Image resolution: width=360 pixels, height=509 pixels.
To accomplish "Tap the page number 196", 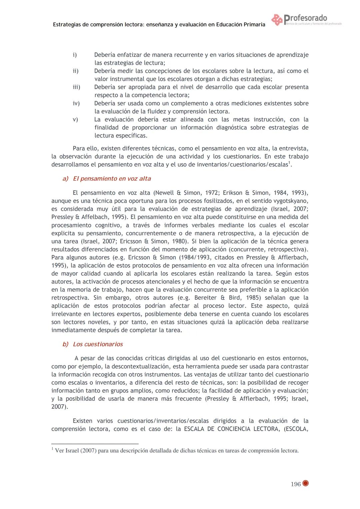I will (x=295, y=484).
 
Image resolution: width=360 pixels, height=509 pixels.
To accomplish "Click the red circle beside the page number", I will (x=305, y=484).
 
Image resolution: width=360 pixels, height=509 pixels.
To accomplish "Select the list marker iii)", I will (x=76, y=87).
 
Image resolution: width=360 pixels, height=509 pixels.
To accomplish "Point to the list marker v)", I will (x=75, y=119).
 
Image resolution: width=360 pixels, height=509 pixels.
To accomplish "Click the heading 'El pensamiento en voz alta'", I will (x=112, y=179).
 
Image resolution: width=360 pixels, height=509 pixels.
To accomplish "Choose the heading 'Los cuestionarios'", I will (x=98, y=344).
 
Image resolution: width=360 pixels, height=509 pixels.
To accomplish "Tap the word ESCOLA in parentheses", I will (x=296, y=429).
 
